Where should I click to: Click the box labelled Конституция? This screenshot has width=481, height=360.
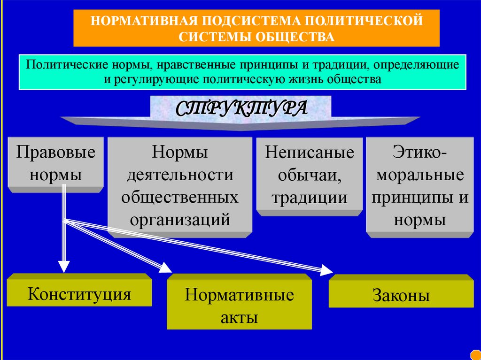click(x=79, y=294)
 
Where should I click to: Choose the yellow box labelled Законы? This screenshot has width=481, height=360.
click(x=401, y=296)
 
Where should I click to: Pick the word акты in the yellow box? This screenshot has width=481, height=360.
click(x=239, y=317)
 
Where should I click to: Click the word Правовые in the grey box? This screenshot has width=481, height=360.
click(x=56, y=152)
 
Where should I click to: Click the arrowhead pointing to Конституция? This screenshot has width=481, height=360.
click(x=64, y=266)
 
